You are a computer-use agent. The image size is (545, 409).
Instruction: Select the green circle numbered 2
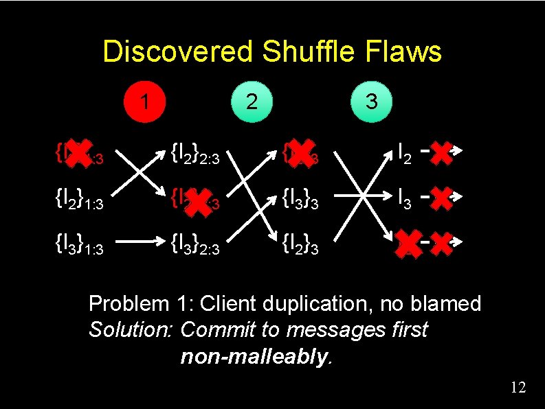(252, 102)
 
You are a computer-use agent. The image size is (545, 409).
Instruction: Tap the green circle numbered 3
(371, 102)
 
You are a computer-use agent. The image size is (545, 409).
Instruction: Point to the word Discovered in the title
(178, 52)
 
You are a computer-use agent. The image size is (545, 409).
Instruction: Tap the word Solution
(131, 330)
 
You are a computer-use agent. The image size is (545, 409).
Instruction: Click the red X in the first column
(80, 152)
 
